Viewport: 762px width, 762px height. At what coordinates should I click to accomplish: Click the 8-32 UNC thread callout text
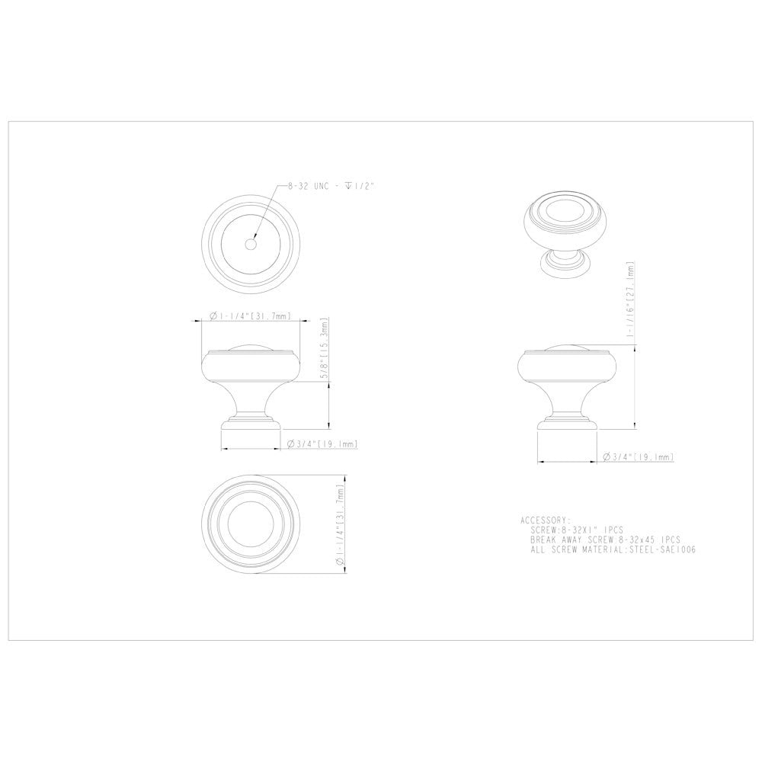point(329,186)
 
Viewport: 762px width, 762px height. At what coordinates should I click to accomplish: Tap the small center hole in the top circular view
point(249,243)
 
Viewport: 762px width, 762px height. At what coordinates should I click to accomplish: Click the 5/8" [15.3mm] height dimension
point(326,349)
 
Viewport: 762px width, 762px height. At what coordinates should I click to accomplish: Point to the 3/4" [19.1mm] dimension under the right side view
point(638,457)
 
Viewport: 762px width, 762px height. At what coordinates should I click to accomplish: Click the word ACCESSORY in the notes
point(545,520)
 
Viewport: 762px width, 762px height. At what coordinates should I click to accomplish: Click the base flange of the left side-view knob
point(248,422)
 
